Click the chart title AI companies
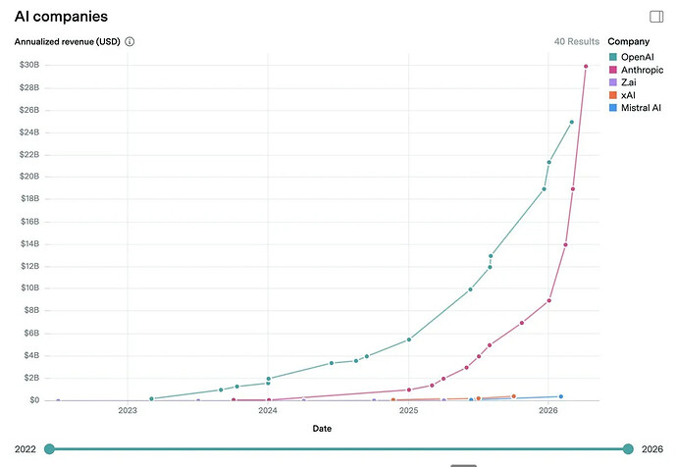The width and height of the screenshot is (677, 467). coord(61,17)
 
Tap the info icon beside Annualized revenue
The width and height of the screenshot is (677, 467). coord(130,42)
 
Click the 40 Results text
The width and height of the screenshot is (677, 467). coord(576,42)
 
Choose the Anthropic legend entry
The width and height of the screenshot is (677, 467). coord(642,70)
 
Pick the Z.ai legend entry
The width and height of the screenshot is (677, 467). coord(630,82)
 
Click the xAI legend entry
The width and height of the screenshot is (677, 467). coord(628,95)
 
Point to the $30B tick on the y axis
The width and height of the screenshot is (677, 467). coord(28,65)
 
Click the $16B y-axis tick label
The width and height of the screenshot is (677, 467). coord(28,222)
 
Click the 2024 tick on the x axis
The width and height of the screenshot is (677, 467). coord(268,412)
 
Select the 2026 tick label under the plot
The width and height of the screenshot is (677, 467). coord(549,412)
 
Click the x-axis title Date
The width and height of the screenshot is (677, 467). coord(322,429)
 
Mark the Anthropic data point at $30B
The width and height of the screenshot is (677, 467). coord(586,66)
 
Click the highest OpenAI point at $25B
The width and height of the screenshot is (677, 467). coord(572,123)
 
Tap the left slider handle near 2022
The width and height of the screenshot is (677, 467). coord(49,449)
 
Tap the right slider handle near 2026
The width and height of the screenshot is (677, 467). coord(628,449)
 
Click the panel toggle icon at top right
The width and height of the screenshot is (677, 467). coord(656,17)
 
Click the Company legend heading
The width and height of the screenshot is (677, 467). coord(628,42)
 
